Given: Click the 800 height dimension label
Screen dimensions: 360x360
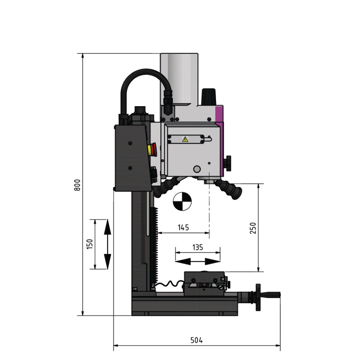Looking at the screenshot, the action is pos(77,185).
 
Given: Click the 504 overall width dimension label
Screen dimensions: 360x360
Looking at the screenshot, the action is pos(197,340).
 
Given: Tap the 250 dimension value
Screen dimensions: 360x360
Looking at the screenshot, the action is pos(253,228).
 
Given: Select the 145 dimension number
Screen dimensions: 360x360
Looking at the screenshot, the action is pos(184,228).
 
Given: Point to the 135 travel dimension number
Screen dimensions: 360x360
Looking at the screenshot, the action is pos(198,247).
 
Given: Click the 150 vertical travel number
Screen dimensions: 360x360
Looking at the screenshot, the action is pos(90,244).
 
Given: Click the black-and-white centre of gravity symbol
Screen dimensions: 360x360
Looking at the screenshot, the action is pos(182,202).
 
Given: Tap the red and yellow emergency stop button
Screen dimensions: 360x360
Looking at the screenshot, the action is pos(152,149).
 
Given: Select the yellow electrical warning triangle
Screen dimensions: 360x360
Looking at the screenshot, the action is pos(185,139).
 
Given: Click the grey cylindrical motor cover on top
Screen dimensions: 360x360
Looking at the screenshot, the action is pos(179,79).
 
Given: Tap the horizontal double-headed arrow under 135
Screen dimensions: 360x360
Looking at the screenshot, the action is pos(198,261).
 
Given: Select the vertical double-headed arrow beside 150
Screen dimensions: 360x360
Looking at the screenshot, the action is pos(108,244).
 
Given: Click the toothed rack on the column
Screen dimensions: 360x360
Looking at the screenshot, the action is pos(155,246).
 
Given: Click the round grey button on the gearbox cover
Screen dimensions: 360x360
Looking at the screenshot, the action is pos(197,169).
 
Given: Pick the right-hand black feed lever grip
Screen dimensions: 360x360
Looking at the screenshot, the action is pos(230,189).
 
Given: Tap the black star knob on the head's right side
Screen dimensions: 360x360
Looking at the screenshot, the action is pos(229,163).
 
